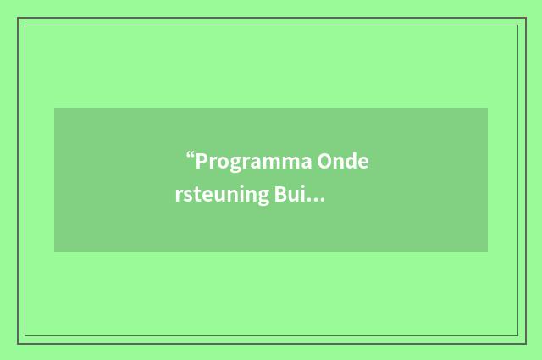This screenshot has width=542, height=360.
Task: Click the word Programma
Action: click(x=253, y=162)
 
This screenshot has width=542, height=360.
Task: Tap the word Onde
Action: click(x=344, y=161)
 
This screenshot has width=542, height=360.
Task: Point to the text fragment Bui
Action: click(x=290, y=197)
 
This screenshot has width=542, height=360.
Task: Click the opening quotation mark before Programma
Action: click(x=191, y=157)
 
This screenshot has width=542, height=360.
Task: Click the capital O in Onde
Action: click(x=325, y=161)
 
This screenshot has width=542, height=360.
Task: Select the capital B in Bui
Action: click(x=279, y=197)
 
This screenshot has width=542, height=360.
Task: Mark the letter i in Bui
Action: click(x=302, y=197)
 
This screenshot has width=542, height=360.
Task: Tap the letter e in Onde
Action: click(x=363, y=163)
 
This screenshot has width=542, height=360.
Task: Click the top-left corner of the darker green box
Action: click(x=54, y=108)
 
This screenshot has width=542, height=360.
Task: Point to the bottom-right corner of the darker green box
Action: click(x=488, y=252)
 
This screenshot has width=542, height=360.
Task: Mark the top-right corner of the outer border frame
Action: click(x=526, y=18)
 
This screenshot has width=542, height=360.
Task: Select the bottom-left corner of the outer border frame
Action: click(x=18, y=343)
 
